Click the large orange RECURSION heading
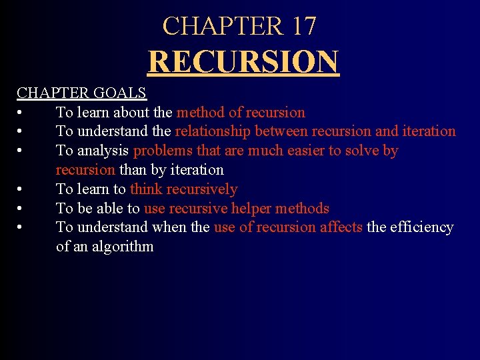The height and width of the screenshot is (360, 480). point(243,61)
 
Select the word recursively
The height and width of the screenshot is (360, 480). point(203,189)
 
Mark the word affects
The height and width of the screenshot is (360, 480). point(341,227)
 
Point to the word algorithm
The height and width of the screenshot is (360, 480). point(123,247)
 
